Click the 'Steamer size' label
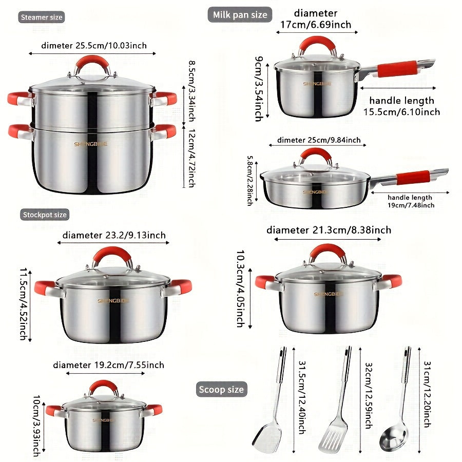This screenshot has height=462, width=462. [x=42, y=17]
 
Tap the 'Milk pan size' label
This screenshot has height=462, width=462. [x=240, y=15]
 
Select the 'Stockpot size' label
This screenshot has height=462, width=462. [x=45, y=215]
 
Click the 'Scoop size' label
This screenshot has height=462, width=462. [x=221, y=390]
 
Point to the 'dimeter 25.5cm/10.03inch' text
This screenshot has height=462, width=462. [x=87, y=46]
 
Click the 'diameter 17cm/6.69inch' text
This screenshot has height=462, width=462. [x=315, y=18]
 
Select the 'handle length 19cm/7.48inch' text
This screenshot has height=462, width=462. [x=410, y=201]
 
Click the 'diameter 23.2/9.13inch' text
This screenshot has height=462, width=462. [x=114, y=235]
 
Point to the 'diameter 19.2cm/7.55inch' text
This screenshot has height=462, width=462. [x=108, y=365]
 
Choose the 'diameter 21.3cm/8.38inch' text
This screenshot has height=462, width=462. [x=329, y=230]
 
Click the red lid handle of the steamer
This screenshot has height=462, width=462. [x=93, y=64]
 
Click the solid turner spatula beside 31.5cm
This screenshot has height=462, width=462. [x=272, y=406]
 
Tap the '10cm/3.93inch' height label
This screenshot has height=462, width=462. [x=36, y=426]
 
